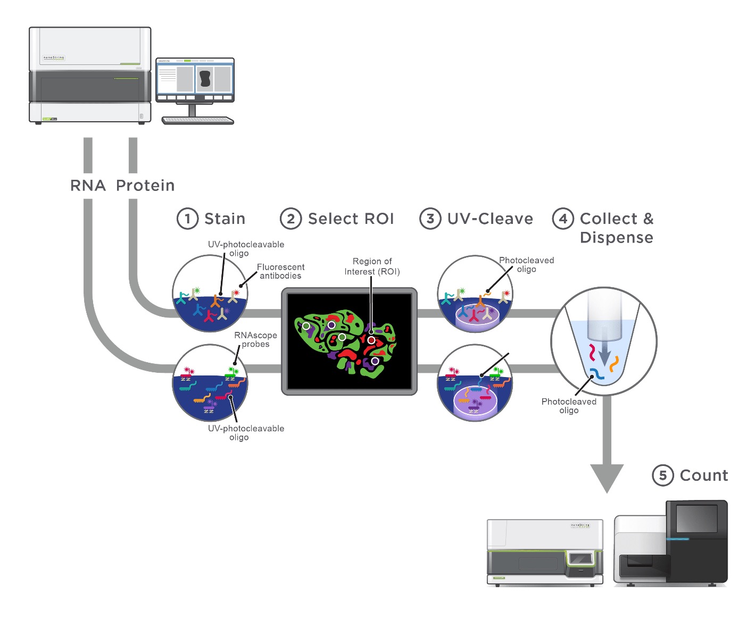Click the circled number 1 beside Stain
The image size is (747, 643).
(x=187, y=219)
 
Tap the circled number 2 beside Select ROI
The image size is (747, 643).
(x=290, y=219)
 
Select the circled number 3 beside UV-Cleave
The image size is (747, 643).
(x=430, y=219)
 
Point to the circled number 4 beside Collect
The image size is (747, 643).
(x=563, y=219)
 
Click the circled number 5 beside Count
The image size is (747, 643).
(x=662, y=475)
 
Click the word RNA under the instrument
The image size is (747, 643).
(x=88, y=186)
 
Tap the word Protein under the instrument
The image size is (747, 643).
(x=145, y=186)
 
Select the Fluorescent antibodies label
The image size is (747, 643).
(x=280, y=271)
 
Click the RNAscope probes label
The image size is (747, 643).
(x=255, y=339)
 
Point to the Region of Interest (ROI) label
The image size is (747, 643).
(x=372, y=266)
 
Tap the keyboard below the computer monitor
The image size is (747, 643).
(x=197, y=121)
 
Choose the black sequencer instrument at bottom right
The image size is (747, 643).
(x=671, y=542)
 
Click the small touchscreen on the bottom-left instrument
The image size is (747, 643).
(x=580, y=559)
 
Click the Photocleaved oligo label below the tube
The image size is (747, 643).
(x=569, y=406)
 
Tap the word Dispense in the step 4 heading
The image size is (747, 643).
(x=616, y=237)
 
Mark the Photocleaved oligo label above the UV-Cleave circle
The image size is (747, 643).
(x=526, y=264)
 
